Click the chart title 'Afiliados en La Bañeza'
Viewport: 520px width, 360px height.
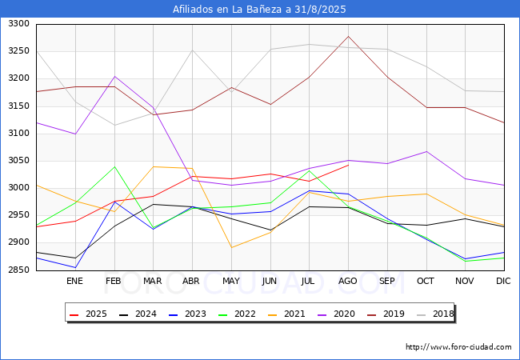pos(260,10)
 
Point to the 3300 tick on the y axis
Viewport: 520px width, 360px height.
pos(18,25)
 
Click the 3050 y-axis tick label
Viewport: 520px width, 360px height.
pos(18,161)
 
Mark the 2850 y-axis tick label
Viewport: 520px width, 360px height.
pos(18,270)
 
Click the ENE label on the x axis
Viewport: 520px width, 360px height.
pos(74,282)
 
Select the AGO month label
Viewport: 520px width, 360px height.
pos(348,282)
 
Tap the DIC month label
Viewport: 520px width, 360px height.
pos(503,282)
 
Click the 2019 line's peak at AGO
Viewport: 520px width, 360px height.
pos(348,36)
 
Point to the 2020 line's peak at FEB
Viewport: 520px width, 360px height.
pos(114,77)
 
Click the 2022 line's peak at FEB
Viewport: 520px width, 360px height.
pos(114,166)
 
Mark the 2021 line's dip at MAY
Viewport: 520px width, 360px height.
pos(231,247)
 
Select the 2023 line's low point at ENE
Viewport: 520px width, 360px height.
pos(74,267)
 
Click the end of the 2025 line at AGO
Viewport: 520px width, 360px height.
pos(348,166)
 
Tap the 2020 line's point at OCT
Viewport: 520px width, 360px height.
pos(426,151)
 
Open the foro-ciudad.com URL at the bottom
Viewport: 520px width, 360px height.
pos(458,347)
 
